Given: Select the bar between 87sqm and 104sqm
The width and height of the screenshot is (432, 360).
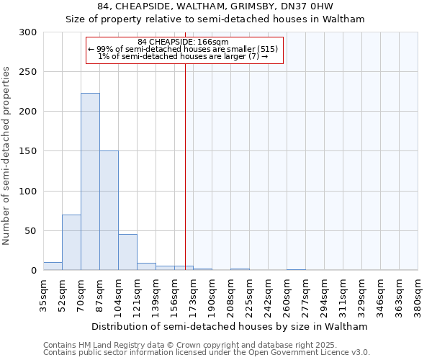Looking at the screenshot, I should [x=109, y=210].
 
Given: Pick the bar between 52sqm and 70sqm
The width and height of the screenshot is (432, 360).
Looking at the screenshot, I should [x=71, y=242].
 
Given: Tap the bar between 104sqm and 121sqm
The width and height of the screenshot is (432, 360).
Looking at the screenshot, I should [x=127, y=252].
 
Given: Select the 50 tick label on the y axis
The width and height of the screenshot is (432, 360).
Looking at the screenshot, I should [x=32, y=231].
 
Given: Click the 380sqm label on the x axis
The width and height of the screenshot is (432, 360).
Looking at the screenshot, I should [x=418, y=294].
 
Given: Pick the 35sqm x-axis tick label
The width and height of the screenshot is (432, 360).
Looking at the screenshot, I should [x=44, y=294].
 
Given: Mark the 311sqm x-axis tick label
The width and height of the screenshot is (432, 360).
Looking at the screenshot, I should [x=343, y=294].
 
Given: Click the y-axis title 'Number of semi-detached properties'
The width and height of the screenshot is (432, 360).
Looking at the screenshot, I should [x=7, y=156].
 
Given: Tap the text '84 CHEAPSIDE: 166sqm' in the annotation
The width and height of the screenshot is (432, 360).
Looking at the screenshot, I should [x=183, y=42].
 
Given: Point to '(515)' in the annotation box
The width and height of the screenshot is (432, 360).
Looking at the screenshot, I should [x=268, y=49].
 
